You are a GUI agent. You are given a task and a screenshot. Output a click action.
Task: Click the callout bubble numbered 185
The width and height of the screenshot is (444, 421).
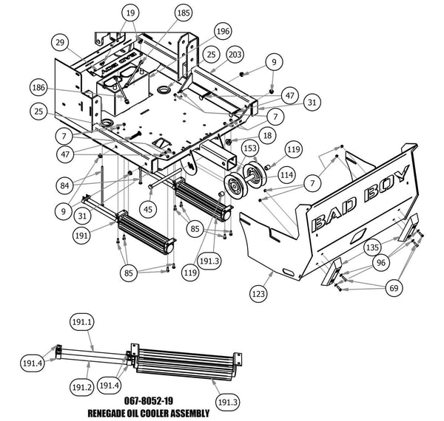[x=184, y=13]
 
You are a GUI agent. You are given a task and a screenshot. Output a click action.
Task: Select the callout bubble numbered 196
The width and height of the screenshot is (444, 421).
[x=223, y=31]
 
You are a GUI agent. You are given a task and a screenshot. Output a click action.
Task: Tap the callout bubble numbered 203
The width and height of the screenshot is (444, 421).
[x=235, y=54]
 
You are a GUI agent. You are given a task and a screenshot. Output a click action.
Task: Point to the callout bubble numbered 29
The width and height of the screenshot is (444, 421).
[x=60, y=42]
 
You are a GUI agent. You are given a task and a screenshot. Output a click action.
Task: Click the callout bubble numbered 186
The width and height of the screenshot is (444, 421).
[x=38, y=88]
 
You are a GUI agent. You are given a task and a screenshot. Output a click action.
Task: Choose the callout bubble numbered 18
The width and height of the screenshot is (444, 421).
[x=267, y=136]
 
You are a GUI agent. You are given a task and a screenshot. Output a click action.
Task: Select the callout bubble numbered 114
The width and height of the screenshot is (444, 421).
[x=286, y=175]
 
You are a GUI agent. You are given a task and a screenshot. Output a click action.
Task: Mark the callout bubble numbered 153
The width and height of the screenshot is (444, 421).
[x=250, y=148]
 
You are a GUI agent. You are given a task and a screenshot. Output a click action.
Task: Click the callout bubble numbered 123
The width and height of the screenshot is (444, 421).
[x=258, y=294]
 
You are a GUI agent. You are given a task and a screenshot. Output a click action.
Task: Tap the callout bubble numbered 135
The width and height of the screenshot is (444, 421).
[x=372, y=247]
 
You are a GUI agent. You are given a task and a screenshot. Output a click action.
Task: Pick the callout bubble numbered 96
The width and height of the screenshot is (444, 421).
[x=381, y=262]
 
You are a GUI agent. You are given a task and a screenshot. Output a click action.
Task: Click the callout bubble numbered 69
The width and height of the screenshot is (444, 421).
[x=394, y=288]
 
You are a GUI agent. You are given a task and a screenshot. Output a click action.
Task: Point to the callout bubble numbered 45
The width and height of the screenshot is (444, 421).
[x=148, y=209]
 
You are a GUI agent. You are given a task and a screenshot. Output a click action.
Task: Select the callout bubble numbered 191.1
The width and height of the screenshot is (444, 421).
[x=82, y=322]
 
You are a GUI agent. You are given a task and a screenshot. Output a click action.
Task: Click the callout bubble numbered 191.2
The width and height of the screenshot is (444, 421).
[x=81, y=387]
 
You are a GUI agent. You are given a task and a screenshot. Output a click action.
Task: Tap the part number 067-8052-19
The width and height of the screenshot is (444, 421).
[x=149, y=400]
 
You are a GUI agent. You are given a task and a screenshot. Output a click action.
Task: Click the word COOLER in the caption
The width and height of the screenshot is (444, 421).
[x=153, y=414]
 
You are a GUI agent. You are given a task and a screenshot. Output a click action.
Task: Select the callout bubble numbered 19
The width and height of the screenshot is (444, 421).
[x=130, y=13]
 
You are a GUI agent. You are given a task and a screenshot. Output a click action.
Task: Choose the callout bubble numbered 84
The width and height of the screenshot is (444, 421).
[x=64, y=185]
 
